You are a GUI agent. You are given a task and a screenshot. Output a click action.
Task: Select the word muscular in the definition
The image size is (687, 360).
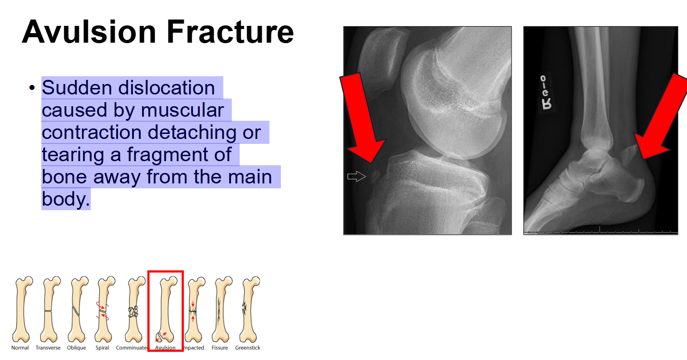click(x=182, y=110)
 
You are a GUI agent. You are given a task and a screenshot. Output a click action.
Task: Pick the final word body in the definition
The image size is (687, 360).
click(x=66, y=199)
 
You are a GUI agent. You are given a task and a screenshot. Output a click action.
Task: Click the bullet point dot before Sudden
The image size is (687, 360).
click(x=31, y=87)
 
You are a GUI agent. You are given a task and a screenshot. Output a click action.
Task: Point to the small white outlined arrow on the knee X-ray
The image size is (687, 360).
click(x=357, y=177)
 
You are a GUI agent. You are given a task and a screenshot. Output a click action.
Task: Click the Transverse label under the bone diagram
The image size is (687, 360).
click(x=48, y=348)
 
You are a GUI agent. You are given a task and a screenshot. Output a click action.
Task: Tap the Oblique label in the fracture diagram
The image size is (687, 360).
click(x=76, y=348)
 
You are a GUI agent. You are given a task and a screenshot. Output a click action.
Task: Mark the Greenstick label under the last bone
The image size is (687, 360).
click(x=248, y=348)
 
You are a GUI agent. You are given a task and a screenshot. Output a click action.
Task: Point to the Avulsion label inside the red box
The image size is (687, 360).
click(x=165, y=348)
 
